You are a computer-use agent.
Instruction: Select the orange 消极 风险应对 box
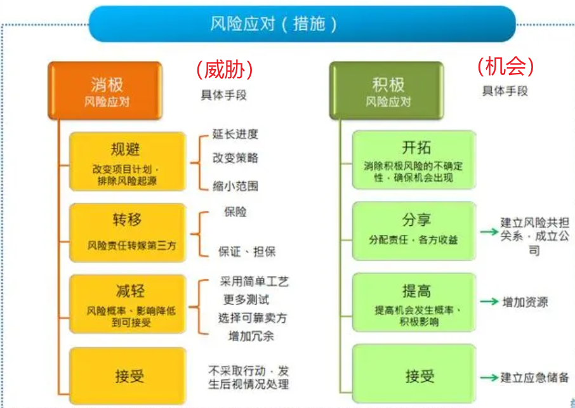click(x=104, y=91)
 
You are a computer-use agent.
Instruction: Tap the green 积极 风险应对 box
click(x=386, y=91)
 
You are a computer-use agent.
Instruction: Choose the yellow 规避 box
click(x=126, y=161)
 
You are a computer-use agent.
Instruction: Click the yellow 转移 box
click(x=126, y=232)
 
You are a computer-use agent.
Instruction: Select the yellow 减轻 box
click(x=126, y=303)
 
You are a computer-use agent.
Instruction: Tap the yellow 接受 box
click(x=126, y=375)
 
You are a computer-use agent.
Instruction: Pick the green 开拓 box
click(x=414, y=160)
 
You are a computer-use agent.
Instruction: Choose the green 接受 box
click(x=414, y=374)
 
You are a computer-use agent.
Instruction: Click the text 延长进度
click(x=235, y=135)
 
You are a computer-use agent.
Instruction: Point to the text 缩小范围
click(x=235, y=186)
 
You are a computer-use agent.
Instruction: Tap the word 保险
click(x=235, y=212)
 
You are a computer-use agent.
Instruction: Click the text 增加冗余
click(x=251, y=336)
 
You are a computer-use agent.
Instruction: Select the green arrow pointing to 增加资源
click(x=488, y=302)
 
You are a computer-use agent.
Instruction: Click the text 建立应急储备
click(x=534, y=378)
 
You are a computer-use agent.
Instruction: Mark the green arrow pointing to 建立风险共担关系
click(x=488, y=232)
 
